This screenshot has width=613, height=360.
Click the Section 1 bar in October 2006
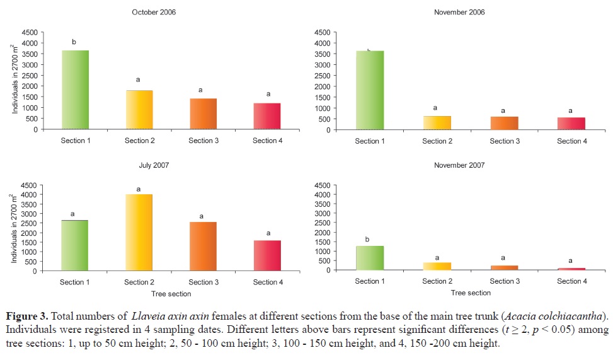(x=75, y=90)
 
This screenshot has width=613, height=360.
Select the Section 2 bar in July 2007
(x=139, y=233)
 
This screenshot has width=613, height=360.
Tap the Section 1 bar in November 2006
(x=370, y=90)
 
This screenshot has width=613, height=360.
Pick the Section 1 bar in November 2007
(x=370, y=258)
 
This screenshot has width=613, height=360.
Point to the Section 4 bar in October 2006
(x=267, y=116)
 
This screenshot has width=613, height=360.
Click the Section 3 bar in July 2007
(x=203, y=247)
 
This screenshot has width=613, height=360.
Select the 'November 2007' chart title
(x=459, y=165)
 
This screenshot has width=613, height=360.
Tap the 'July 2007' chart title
(x=154, y=165)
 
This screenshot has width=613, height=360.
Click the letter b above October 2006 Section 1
(x=74, y=42)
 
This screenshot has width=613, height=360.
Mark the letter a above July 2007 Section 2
(x=138, y=189)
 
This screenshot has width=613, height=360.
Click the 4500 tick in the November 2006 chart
(x=322, y=32)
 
